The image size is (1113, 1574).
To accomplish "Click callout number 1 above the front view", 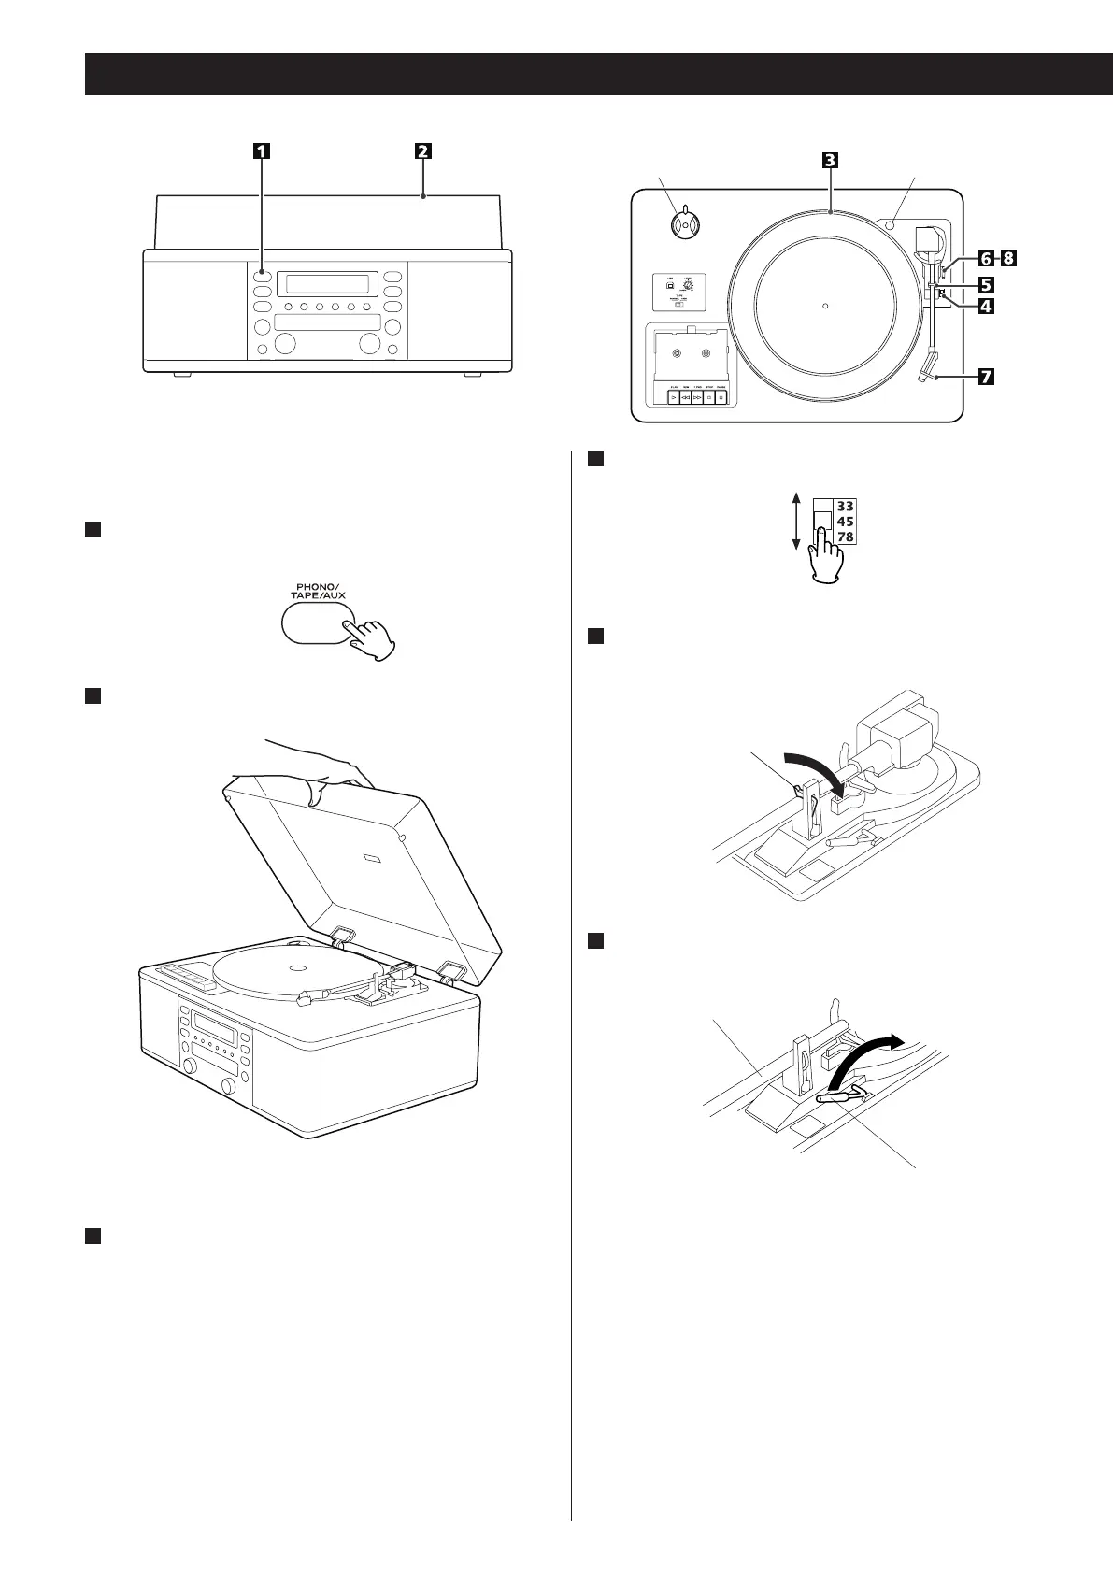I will [262, 150].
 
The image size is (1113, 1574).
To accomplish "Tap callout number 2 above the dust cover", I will [423, 150].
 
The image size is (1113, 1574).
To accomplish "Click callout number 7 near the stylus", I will [986, 378].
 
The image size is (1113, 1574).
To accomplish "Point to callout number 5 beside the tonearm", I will [986, 281].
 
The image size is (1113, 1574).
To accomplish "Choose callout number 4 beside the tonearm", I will [986, 305].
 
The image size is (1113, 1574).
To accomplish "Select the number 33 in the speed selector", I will [845, 507].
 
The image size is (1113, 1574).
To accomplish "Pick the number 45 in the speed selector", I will [845, 522].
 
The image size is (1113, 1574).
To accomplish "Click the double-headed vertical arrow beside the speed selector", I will [795, 522].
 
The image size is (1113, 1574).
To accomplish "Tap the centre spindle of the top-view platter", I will [825, 305].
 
